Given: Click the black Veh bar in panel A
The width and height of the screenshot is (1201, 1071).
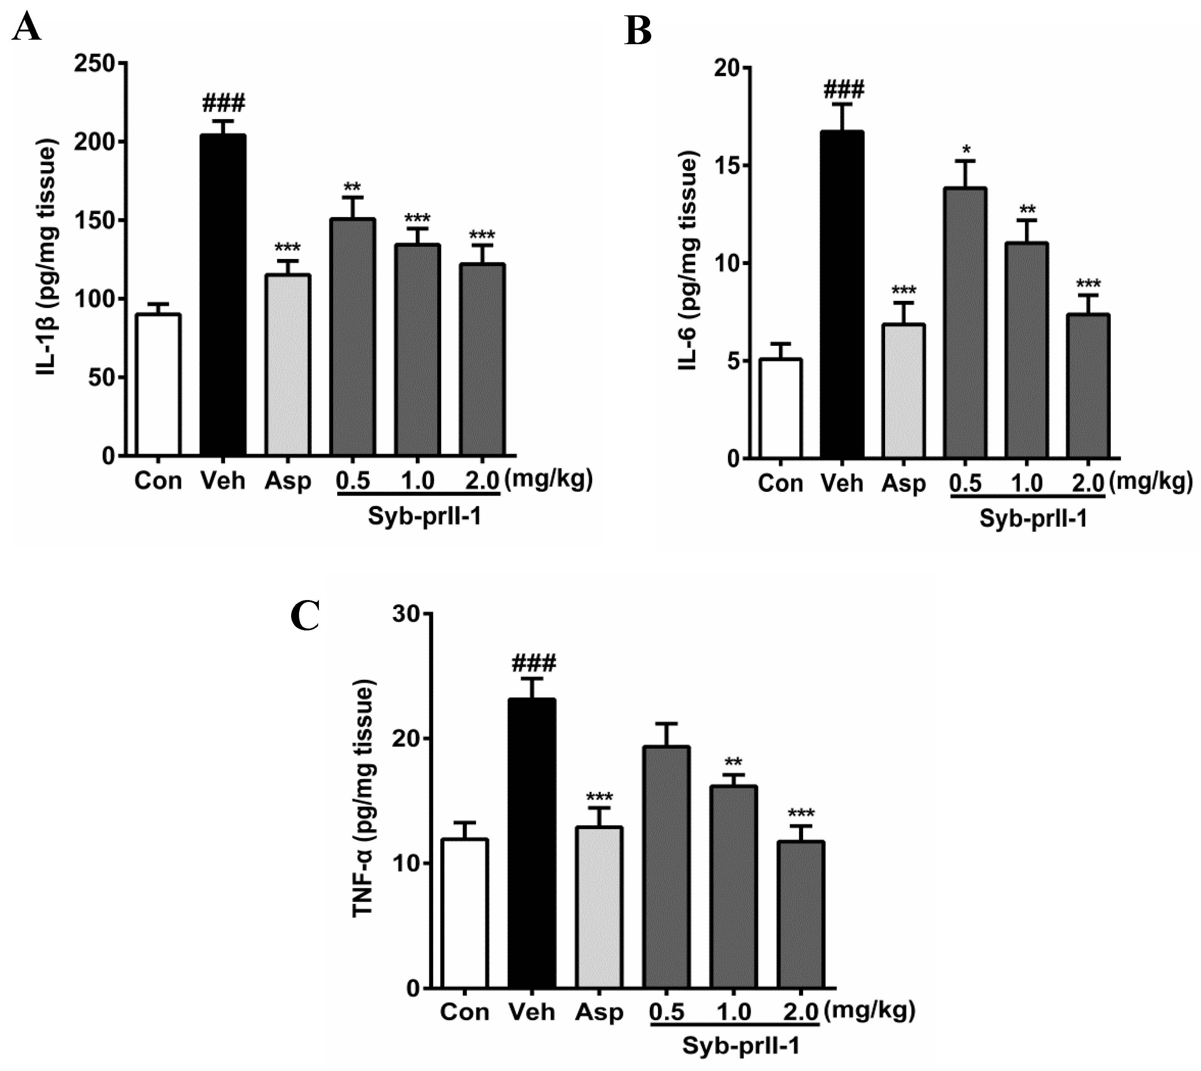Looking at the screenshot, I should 223,294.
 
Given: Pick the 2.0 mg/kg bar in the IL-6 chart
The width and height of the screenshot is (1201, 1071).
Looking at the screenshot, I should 1088,386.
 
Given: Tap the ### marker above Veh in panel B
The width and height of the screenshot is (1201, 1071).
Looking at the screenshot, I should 844,91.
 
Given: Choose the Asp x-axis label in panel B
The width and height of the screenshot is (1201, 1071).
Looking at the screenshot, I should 904,484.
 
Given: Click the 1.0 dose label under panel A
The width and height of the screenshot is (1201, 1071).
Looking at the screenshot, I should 418,481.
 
